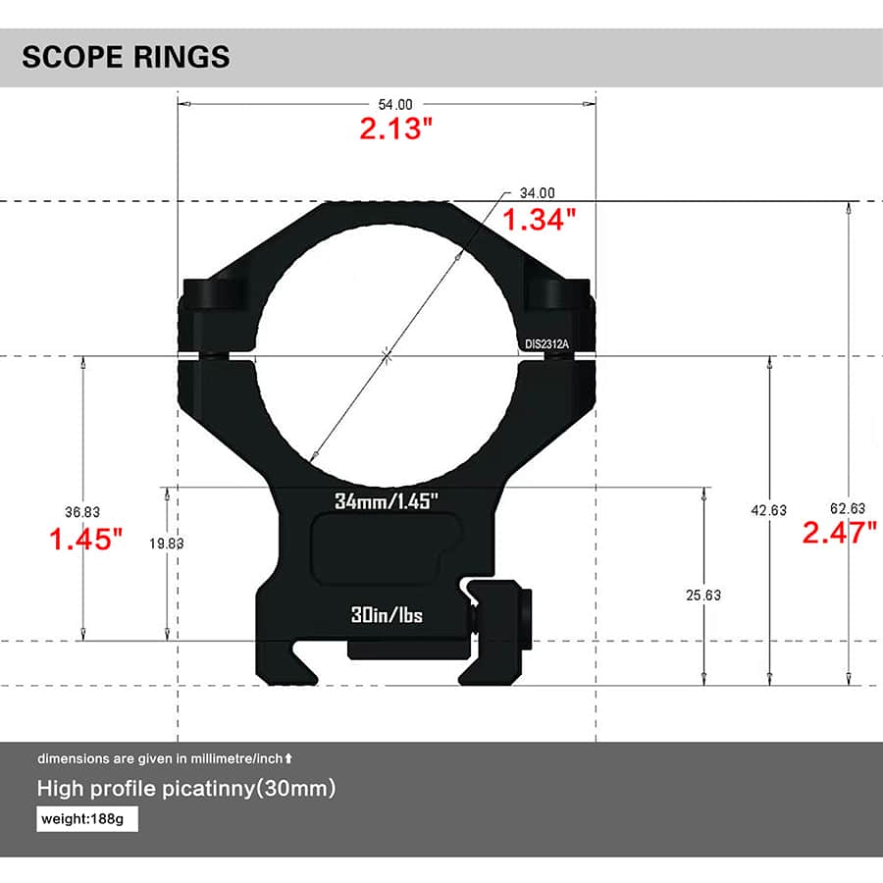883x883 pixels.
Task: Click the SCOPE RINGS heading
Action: [x=126, y=57]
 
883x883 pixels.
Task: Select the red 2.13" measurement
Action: [x=395, y=129]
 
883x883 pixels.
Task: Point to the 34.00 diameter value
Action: [x=538, y=193]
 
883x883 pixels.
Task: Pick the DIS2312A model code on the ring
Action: [x=547, y=343]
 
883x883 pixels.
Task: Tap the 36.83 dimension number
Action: [x=82, y=512]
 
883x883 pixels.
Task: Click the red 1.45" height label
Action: [x=86, y=539]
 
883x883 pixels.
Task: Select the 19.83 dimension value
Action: [x=166, y=543]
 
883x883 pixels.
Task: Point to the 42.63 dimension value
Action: [x=768, y=510]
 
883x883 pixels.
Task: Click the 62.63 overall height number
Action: [x=847, y=508]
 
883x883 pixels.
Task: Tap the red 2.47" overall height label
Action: [x=839, y=534]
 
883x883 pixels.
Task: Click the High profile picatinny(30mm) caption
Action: [x=186, y=789]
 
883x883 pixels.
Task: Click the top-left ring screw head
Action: [x=218, y=292]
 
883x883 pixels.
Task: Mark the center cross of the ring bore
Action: [x=388, y=355]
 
